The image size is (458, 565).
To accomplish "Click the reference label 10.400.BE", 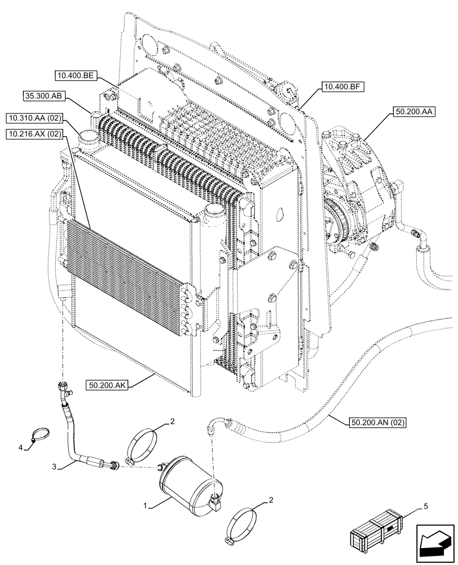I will [77, 75].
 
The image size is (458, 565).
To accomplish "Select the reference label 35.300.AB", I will [44, 96].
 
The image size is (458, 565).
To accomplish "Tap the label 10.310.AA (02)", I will [35, 118].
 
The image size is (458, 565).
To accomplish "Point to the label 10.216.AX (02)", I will [35, 134].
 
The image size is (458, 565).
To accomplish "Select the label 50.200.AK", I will [107, 385].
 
